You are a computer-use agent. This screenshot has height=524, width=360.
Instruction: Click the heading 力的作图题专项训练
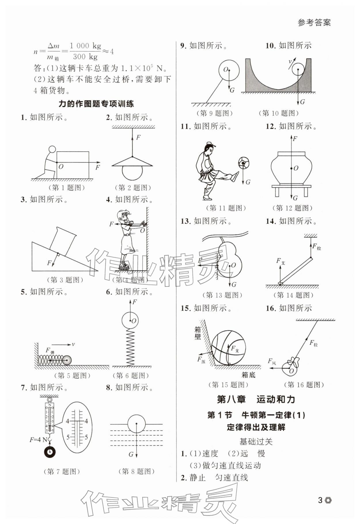coord(96,104)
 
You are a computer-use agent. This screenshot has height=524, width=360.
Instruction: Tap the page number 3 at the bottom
coord(320,500)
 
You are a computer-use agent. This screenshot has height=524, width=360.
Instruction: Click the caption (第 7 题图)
coord(62,471)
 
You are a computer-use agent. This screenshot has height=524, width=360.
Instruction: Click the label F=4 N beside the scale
coord(38,440)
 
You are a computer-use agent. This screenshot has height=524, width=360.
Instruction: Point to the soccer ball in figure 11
coord(243,163)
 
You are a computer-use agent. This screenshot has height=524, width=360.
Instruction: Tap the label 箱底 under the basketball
coord(248,375)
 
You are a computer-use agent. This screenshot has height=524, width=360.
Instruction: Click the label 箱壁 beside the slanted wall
coord(198,333)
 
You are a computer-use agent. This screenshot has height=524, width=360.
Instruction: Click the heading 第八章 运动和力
coord(256,399)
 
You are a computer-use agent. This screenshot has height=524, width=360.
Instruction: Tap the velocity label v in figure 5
coord(73,344)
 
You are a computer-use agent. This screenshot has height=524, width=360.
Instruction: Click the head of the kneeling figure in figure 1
coord(52,149)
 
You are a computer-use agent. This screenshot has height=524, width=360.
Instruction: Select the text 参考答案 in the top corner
coord(314,22)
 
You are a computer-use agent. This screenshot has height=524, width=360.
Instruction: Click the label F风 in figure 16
coord(272,361)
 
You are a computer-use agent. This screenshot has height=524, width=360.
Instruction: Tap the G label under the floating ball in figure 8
coord(131,455)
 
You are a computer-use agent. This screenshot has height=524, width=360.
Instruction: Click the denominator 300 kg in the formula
coord(86,56)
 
